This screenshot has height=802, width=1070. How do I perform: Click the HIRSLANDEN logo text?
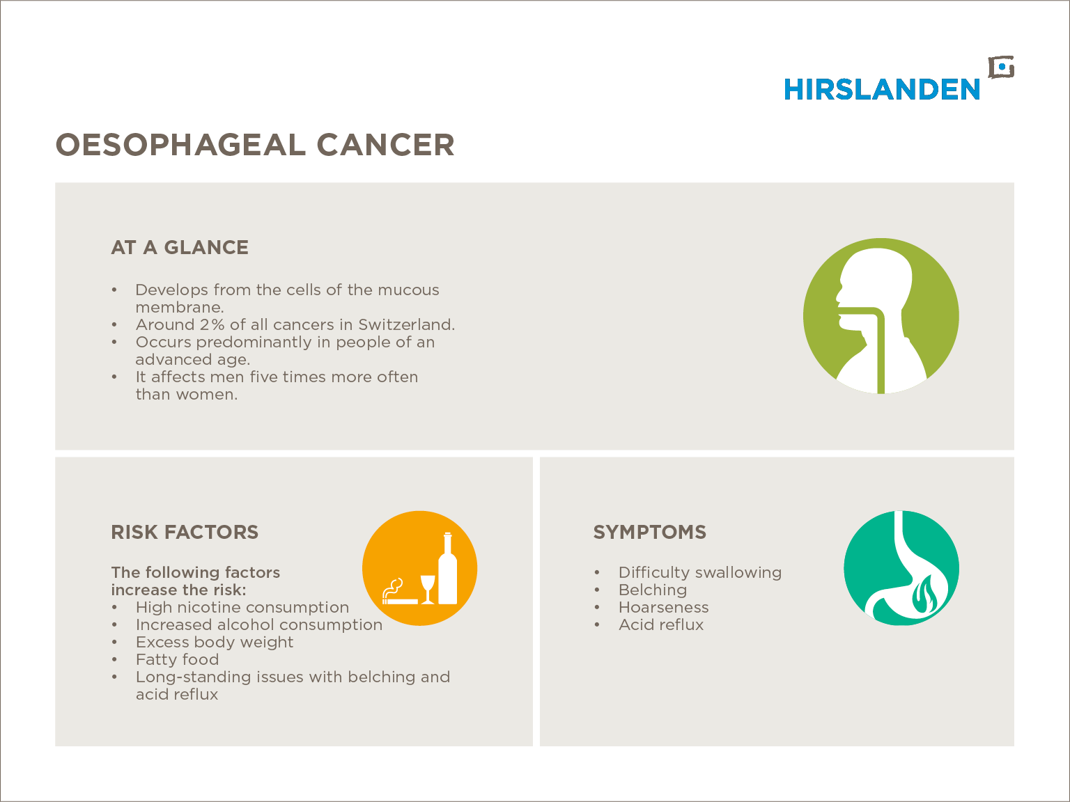[x=882, y=89]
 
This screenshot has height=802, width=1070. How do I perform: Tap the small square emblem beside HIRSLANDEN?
[x=1001, y=68]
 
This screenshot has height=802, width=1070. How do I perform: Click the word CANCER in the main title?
[x=386, y=145]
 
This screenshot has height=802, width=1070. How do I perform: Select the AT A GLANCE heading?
[x=180, y=247]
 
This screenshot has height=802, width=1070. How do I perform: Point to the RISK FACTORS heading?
[x=185, y=533]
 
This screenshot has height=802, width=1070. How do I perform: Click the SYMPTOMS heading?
[x=650, y=533]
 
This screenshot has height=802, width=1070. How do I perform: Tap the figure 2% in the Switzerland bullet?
[x=212, y=325]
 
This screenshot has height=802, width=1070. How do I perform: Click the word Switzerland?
[x=407, y=325]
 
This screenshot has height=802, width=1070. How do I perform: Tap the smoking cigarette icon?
[x=399, y=592]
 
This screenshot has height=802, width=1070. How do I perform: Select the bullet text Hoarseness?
[x=663, y=607]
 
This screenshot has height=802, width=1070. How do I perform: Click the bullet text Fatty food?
[x=178, y=660]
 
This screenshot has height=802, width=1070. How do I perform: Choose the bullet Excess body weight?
[x=215, y=643]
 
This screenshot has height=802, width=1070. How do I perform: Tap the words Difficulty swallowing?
[x=700, y=573]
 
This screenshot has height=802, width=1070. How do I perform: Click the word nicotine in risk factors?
[x=217, y=607]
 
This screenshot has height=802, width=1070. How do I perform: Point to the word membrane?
[x=180, y=307]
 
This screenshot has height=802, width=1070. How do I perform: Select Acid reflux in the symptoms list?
[x=661, y=624]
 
